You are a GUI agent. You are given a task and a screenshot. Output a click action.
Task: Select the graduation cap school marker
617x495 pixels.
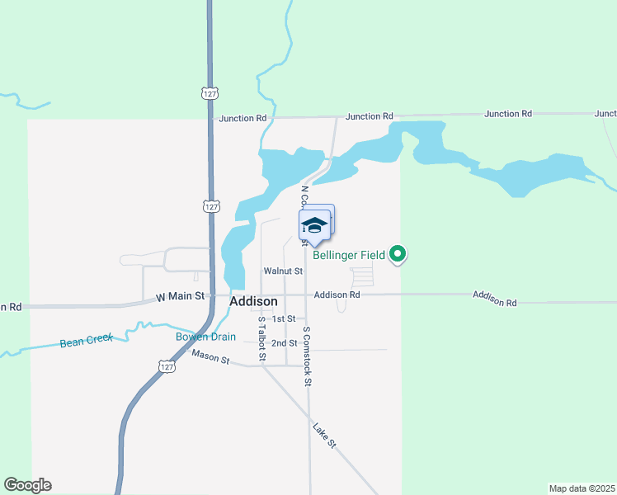point(314,224)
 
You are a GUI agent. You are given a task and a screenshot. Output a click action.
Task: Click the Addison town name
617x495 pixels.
point(253,302)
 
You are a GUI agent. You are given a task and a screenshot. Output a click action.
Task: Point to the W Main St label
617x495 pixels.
point(180,297)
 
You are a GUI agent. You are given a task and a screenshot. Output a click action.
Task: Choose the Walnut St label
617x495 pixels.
point(283,271)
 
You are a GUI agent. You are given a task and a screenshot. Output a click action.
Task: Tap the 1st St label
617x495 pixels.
point(284,318)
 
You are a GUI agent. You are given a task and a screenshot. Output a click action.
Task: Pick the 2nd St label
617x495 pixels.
point(284,343)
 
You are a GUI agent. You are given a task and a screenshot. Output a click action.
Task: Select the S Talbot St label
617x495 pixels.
point(261,338)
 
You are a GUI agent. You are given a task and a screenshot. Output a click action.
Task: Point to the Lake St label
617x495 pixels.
point(325,435)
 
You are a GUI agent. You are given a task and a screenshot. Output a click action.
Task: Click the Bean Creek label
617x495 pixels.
point(87,342)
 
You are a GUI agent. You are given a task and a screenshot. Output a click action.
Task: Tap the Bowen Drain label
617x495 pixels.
point(205,337)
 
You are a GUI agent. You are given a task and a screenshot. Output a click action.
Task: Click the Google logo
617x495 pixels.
point(27,485)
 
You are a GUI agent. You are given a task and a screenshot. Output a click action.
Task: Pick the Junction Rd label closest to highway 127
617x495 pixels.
point(244,118)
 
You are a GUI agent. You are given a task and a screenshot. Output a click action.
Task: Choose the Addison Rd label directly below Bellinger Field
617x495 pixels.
point(337,295)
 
